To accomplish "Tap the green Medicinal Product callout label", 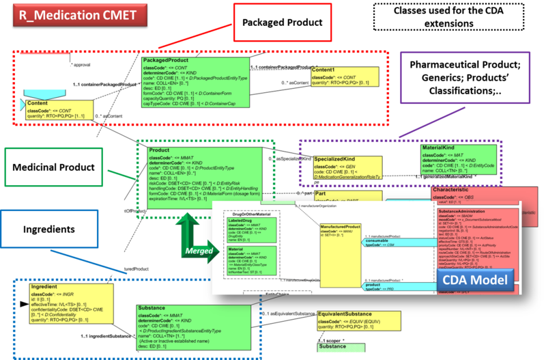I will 55,167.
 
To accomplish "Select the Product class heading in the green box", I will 160,150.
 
